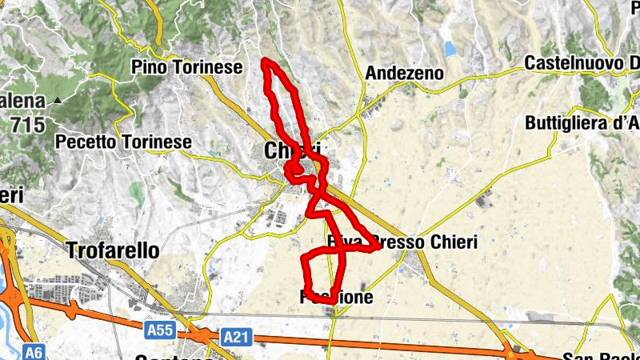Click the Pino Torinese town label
[x=188, y=67]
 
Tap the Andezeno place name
[x=405, y=74]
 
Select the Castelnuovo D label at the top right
[x=582, y=63]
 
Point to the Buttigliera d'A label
[x=582, y=123]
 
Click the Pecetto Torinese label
[x=124, y=142]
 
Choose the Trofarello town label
[x=113, y=250]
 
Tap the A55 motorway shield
[x=160, y=329]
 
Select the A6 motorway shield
[x=33, y=351]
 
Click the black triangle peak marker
[x=58, y=101]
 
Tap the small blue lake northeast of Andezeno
[x=450, y=49]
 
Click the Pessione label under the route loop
[x=337, y=298]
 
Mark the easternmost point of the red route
[x=378, y=247]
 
